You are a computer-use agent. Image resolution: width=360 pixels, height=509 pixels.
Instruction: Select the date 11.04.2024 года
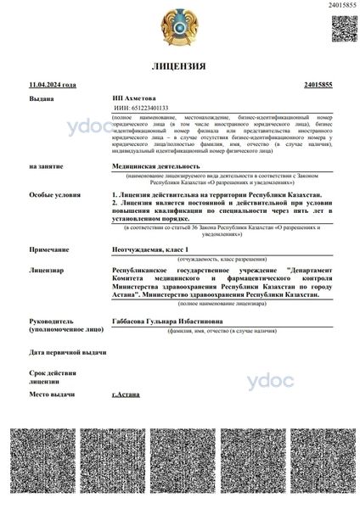[53, 85]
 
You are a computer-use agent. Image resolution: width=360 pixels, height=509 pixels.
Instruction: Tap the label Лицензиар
[46, 270]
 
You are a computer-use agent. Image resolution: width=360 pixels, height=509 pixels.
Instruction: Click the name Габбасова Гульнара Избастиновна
[177, 322]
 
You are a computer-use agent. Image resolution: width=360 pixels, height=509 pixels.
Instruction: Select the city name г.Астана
[127, 395]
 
